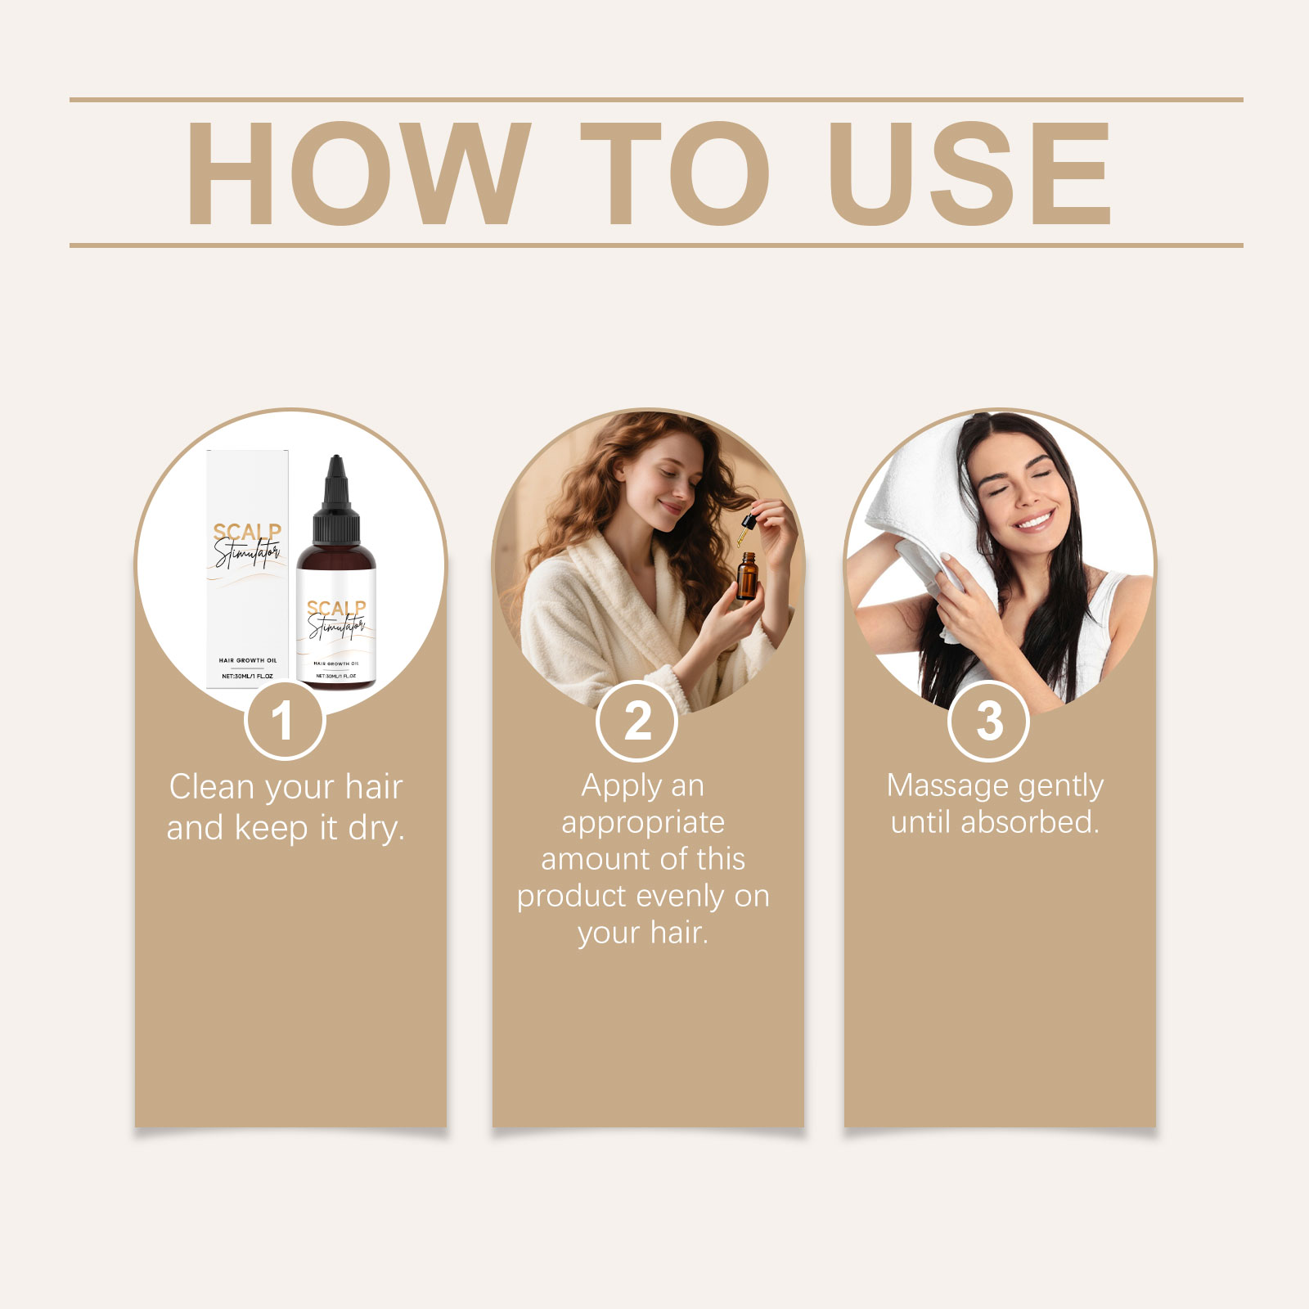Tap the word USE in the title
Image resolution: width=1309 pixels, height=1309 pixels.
click(x=969, y=173)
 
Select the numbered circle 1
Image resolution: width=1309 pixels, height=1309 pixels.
click(x=284, y=721)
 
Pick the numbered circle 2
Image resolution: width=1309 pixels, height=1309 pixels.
click(x=637, y=721)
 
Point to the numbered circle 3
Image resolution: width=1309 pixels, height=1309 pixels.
click(x=988, y=721)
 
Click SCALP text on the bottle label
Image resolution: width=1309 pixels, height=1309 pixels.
click(x=336, y=609)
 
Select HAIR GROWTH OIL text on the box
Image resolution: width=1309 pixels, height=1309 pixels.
click(x=248, y=660)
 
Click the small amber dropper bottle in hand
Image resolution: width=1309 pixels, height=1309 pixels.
click(x=746, y=577)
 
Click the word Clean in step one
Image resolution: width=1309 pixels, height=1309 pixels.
click(x=211, y=787)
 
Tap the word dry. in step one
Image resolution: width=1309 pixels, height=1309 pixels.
click(x=376, y=828)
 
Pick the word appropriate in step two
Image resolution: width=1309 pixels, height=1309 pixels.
click(x=643, y=822)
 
